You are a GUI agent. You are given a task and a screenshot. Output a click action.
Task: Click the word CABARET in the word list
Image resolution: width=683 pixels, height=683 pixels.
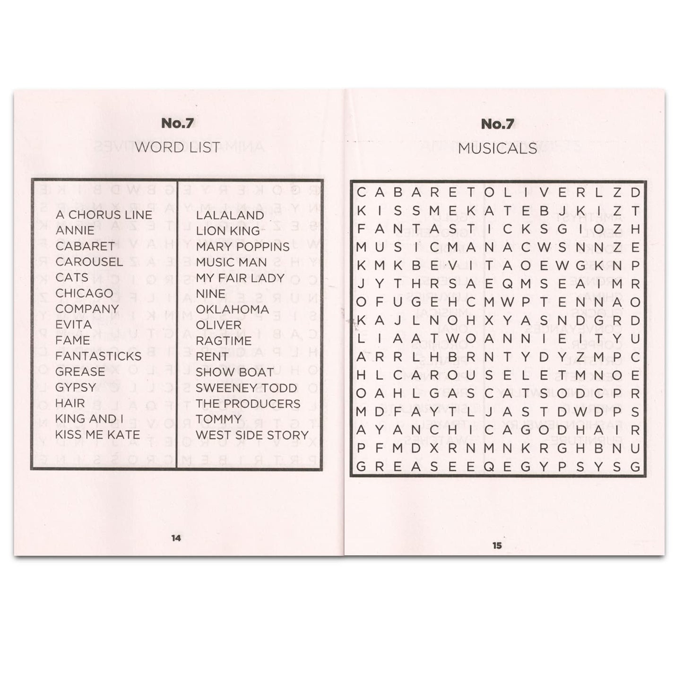(x=85, y=246)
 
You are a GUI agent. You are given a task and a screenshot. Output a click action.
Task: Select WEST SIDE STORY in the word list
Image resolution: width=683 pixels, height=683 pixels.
(x=252, y=435)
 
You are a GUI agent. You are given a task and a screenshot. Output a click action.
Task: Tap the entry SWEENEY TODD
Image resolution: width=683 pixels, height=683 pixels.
(x=246, y=388)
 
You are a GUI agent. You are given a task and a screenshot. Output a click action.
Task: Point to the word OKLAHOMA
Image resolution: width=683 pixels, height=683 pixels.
(x=232, y=310)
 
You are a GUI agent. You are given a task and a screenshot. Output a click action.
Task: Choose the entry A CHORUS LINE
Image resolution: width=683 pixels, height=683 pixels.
(x=104, y=215)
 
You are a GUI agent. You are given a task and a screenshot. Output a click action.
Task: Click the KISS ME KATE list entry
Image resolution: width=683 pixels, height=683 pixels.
(x=97, y=435)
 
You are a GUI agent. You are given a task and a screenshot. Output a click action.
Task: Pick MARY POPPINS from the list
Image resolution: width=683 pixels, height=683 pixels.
(x=242, y=247)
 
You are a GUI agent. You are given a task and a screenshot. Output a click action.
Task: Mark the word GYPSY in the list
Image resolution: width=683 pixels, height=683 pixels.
(x=76, y=388)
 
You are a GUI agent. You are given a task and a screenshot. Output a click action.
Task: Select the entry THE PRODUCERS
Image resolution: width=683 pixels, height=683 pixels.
(x=248, y=404)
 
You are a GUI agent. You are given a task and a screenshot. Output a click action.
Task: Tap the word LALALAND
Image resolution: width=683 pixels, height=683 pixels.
(x=230, y=216)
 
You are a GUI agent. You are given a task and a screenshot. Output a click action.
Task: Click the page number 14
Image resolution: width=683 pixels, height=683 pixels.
(x=176, y=538)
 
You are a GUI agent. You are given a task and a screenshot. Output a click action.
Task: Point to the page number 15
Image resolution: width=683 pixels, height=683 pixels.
(x=497, y=545)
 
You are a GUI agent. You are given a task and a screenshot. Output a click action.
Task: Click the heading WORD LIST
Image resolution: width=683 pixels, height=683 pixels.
(x=177, y=147)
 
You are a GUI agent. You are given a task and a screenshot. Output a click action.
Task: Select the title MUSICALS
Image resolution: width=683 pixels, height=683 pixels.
(x=497, y=148)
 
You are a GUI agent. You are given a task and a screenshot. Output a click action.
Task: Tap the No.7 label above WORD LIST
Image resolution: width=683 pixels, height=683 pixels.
(x=177, y=124)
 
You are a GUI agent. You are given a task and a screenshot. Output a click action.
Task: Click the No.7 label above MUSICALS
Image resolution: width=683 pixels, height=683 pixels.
(x=497, y=124)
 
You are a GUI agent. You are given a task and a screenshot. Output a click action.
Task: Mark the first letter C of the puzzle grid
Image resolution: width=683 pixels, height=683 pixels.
(x=362, y=192)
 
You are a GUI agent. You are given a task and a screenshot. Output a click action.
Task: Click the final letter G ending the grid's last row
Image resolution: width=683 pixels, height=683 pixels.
(x=635, y=467)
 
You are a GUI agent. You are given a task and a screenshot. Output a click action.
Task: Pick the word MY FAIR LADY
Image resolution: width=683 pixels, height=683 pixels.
(x=240, y=278)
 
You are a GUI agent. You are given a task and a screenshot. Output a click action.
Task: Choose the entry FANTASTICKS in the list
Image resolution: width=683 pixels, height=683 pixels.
(x=98, y=356)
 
